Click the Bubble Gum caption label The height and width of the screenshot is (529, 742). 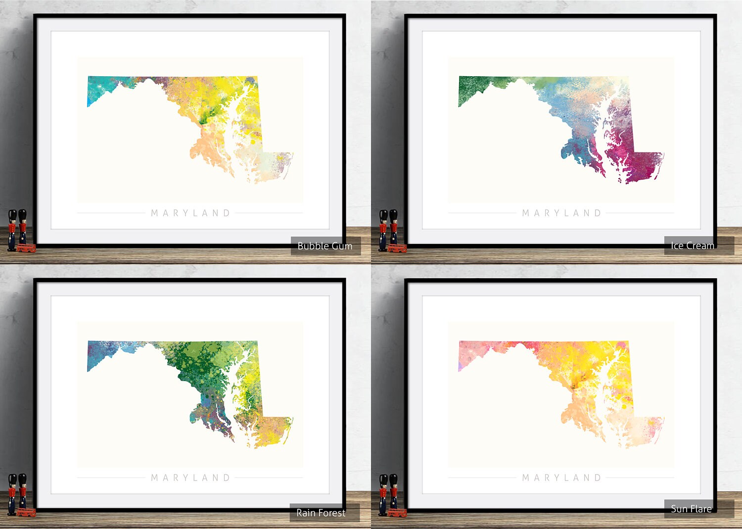pyautogui.click(x=325, y=246)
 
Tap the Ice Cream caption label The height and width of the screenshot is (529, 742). pyautogui.click(x=692, y=245)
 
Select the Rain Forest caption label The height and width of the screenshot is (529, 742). pyautogui.click(x=321, y=513)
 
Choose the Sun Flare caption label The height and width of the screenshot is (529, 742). pyautogui.click(x=691, y=509)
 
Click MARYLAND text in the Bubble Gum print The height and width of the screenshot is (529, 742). pyautogui.click(x=190, y=213)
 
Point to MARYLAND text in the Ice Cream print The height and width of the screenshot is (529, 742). pyautogui.click(x=561, y=213)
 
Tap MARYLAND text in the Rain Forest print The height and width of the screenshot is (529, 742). pyautogui.click(x=190, y=478)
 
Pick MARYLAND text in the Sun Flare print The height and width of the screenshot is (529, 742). pyautogui.click(x=561, y=478)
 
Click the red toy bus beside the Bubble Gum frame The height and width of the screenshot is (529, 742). pyautogui.click(x=26, y=248)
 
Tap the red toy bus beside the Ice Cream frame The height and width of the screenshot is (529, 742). pyautogui.click(x=397, y=248)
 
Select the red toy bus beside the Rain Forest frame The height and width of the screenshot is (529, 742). pyautogui.click(x=26, y=512)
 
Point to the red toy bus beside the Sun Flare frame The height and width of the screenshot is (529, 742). pyautogui.click(x=397, y=512)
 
